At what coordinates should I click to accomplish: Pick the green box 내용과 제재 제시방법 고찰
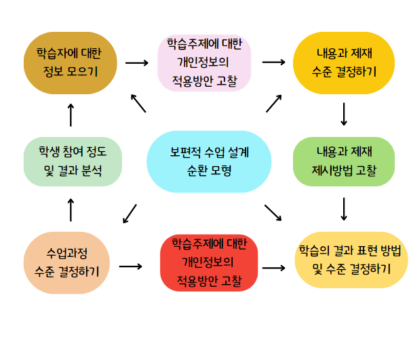343,160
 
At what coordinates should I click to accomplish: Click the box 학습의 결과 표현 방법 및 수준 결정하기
351,259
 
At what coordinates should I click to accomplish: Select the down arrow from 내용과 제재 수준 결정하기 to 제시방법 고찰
344,114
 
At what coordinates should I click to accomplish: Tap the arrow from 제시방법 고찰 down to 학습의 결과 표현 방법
344,209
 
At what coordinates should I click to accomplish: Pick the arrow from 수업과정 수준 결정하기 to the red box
131,266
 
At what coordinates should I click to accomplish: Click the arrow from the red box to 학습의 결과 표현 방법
273,267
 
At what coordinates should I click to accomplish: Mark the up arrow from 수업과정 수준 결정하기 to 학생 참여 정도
71,209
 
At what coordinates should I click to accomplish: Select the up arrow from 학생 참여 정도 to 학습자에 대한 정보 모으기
71,115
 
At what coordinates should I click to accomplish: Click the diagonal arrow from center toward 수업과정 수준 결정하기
130,214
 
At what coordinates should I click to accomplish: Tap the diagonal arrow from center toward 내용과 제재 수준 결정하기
274,103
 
